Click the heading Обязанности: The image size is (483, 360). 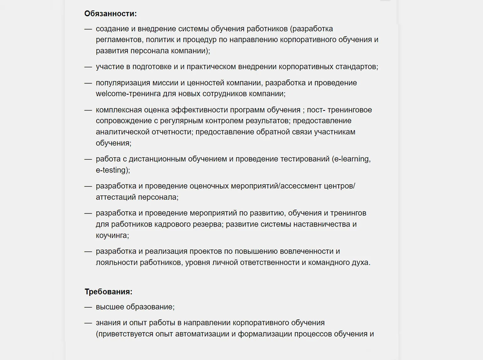click(x=110, y=13)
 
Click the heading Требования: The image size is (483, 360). click(x=108, y=292)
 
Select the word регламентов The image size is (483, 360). click(x=119, y=40)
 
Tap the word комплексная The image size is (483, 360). click(x=119, y=110)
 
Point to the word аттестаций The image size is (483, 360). click(x=115, y=197)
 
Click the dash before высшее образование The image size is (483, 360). click(x=88, y=307)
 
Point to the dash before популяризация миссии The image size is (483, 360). click(x=88, y=83)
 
